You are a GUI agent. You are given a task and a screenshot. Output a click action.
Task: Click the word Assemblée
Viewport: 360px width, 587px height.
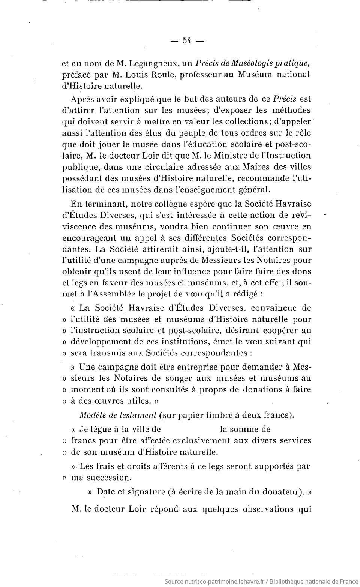(114, 294)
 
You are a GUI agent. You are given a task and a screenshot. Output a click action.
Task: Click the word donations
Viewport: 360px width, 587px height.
(262, 389)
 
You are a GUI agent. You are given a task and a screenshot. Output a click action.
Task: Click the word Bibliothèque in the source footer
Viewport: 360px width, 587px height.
(288, 581)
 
